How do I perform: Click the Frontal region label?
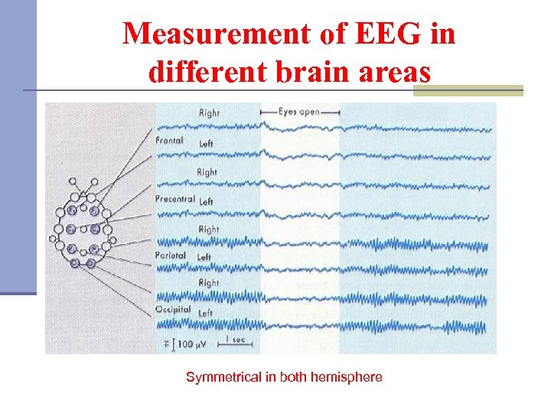click(x=168, y=141)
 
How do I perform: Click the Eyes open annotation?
click(x=299, y=112)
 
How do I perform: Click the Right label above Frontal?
click(x=209, y=113)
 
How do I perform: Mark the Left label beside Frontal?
click(x=206, y=144)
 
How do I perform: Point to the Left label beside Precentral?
click(x=206, y=201)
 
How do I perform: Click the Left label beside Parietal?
click(x=204, y=257)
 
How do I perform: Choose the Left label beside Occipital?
click(x=205, y=314)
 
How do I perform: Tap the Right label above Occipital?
click(x=209, y=283)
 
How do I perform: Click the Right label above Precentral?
click(x=207, y=172)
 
